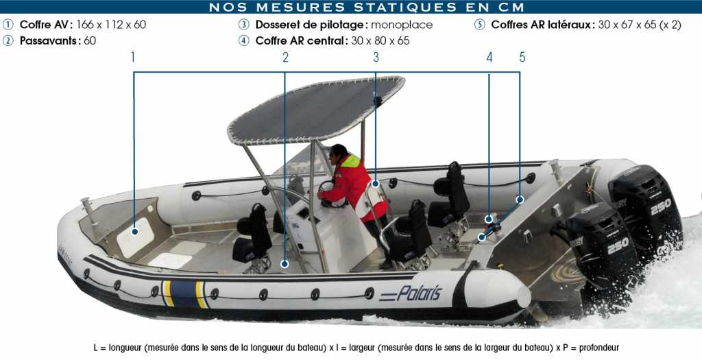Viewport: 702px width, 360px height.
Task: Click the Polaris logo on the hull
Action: pos(411,293)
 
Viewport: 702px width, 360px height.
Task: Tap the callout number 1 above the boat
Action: pos(133,58)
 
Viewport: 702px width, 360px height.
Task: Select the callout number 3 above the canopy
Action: pos(376,58)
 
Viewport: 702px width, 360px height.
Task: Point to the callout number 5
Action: pos(522,58)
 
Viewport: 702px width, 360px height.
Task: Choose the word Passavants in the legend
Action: pos(50,40)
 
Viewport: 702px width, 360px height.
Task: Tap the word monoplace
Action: pos(402,25)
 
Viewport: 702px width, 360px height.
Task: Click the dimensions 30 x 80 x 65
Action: pos(380,40)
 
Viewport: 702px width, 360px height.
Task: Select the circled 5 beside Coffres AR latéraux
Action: pos(479,25)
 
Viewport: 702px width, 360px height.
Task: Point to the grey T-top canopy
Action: pos(315,109)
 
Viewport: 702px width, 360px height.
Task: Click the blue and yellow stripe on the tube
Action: pos(184,293)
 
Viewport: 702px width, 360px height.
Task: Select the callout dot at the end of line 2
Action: pos(285,264)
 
